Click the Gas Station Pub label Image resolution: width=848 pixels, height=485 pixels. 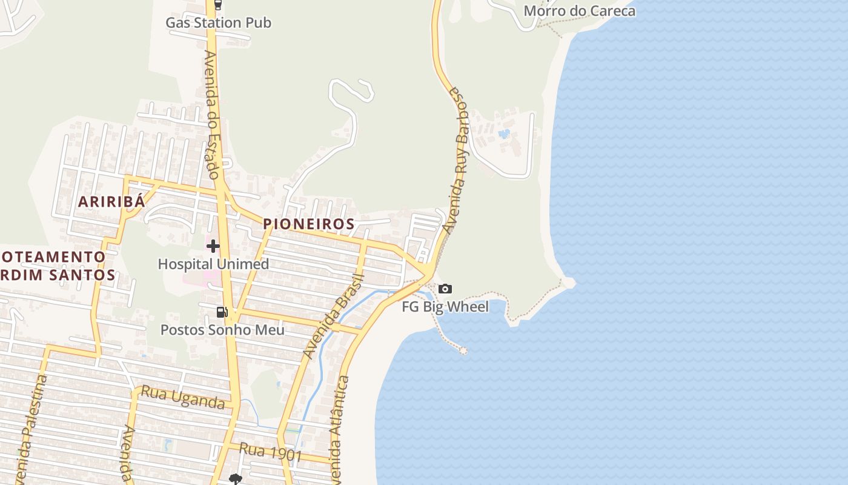coord(218,23)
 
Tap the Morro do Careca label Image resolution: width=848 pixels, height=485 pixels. coord(579,11)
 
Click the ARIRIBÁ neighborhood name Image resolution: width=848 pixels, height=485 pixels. coord(111,202)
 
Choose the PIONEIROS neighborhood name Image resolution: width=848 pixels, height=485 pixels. coord(309,224)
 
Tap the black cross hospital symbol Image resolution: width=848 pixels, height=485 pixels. coord(213,246)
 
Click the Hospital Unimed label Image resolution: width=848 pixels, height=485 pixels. coord(213,264)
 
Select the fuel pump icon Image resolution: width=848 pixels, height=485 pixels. coord(222,312)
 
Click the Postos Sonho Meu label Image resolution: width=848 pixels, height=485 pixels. coord(222,330)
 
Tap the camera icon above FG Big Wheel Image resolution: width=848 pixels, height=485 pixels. coord(445,289)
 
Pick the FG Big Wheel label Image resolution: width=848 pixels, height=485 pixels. coord(445,307)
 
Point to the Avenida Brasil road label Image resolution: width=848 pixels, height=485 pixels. coord(333,316)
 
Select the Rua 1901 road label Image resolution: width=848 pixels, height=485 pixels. coord(270,452)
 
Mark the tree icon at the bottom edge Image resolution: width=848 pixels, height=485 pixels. coord(234,479)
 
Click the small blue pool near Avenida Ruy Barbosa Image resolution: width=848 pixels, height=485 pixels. coord(503,133)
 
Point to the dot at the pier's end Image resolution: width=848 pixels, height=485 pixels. coord(463,350)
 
